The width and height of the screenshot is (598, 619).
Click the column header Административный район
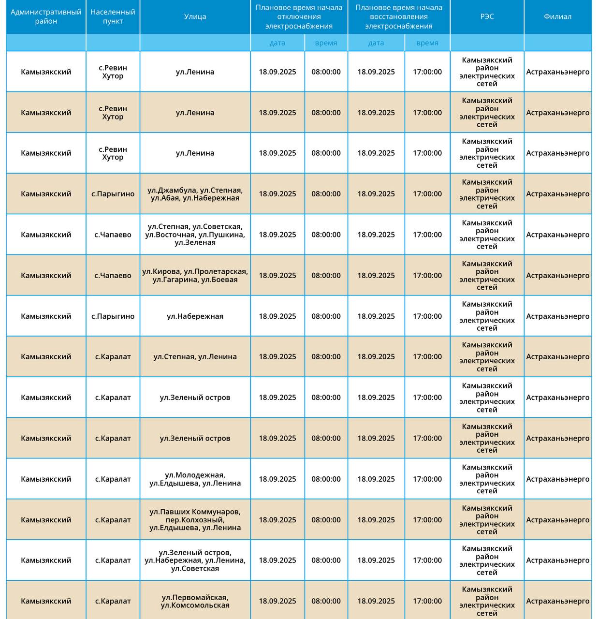click(x=46, y=17)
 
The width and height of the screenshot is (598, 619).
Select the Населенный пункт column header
click(x=113, y=17)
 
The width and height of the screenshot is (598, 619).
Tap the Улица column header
click(x=195, y=17)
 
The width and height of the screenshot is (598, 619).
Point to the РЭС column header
click(x=487, y=17)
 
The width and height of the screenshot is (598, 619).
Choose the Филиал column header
click(x=557, y=17)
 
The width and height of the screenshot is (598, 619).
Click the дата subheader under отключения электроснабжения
click(x=277, y=43)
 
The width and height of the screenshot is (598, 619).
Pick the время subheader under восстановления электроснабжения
click(x=427, y=43)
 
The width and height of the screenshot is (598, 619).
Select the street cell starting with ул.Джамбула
click(x=195, y=194)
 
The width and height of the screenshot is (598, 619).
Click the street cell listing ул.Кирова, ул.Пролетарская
click(x=195, y=276)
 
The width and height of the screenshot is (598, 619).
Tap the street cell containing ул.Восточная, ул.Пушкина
click(x=195, y=235)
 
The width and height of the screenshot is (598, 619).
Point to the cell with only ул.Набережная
click(x=195, y=316)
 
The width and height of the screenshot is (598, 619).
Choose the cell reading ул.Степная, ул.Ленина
click(x=195, y=357)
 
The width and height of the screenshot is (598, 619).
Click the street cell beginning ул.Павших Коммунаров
click(x=195, y=520)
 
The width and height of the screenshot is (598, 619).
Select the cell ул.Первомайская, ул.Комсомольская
click(x=195, y=601)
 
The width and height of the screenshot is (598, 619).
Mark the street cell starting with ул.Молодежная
click(x=195, y=479)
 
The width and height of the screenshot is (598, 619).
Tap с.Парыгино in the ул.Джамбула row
click(x=113, y=194)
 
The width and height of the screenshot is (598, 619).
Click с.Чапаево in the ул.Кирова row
click(x=113, y=276)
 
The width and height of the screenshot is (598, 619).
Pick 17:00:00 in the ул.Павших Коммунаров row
click(x=427, y=520)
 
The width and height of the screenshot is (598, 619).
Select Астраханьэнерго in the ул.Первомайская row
click(x=557, y=601)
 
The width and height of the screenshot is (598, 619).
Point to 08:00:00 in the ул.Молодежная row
click(x=326, y=479)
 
